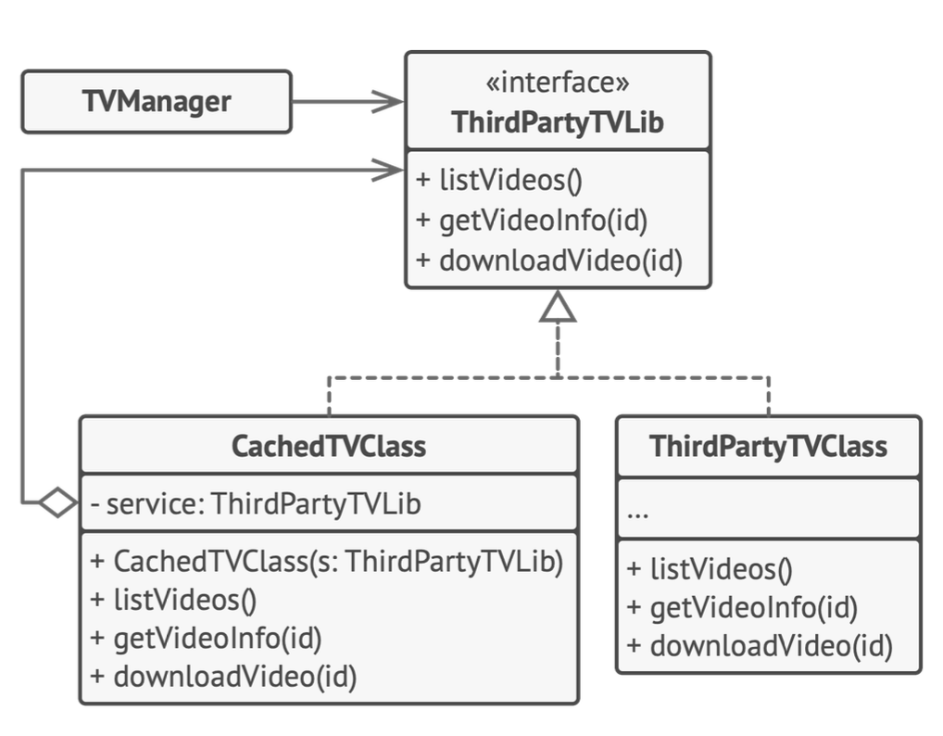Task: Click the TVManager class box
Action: [157, 102]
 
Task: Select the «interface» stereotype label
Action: [558, 82]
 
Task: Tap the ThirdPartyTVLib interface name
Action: [558, 122]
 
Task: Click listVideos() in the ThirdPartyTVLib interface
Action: [499, 180]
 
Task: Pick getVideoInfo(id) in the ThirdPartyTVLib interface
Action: [532, 221]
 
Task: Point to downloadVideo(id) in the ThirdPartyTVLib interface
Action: [549, 260]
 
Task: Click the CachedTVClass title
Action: [329, 447]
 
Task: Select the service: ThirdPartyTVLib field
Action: [256, 503]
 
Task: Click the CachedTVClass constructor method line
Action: [327, 562]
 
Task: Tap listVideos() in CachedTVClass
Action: [173, 600]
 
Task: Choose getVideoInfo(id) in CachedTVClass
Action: [206, 639]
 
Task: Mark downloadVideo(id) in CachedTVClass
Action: [223, 677]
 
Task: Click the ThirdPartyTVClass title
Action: [768, 447]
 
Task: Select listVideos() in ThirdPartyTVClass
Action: [710, 569]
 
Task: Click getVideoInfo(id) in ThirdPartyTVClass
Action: [742, 608]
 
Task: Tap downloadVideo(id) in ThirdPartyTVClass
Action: [760, 646]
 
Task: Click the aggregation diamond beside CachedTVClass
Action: [58, 501]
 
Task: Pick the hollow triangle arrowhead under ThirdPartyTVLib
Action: [558, 307]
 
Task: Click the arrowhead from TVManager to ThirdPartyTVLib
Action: [388, 102]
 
